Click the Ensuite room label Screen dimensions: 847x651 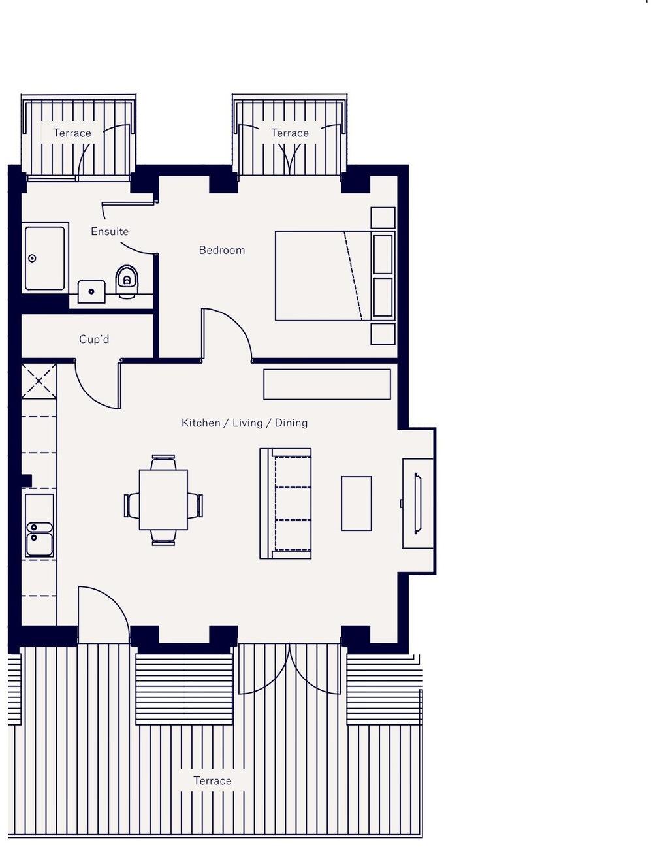(109, 231)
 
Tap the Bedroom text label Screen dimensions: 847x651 (221, 250)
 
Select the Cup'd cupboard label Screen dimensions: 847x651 (94, 339)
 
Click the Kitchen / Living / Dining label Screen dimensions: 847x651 (244, 423)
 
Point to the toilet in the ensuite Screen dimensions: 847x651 (127, 281)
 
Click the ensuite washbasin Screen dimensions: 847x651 (91, 291)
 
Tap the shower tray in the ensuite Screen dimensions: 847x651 (44, 258)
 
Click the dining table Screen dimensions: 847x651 (163, 500)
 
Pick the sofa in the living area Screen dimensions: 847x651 (285, 503)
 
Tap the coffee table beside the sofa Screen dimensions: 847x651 (356, 503)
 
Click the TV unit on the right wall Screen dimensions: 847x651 (418, 503)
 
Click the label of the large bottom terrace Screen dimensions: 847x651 (212, 781)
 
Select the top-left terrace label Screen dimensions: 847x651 (72, 133)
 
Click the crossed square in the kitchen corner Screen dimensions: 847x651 (39, 381)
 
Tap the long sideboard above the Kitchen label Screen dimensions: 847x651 (326, 384)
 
